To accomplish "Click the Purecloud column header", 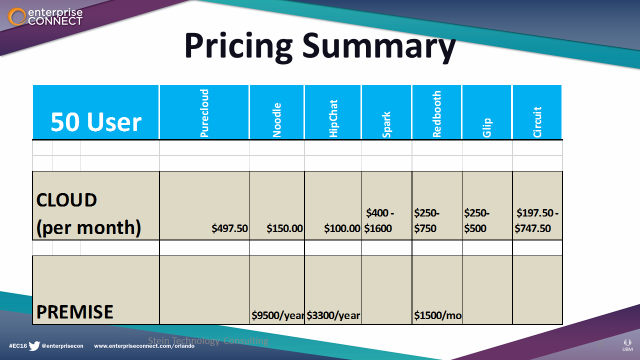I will [204, 113].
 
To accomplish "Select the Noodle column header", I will [277, 120].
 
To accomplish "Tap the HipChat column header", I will [333, 118].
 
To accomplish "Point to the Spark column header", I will [386, 124].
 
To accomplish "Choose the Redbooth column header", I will [437, 114].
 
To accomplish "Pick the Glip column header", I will [487, 127].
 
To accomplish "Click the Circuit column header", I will [537, 122].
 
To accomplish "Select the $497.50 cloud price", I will [229, 228].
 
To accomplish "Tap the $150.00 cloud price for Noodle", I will [284, 228].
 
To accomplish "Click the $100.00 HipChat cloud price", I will [342, 228].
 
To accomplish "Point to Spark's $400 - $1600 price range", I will [379, 221].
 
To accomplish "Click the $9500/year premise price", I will [277, 315].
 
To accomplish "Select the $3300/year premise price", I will [333, 315].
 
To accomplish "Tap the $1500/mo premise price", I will [437, 315].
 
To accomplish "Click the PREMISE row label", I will [75, 312].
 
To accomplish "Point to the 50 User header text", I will [96, 122].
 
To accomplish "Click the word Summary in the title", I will [379, 46].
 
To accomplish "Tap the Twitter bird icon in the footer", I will [34, 346].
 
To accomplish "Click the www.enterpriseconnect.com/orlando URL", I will [144, 346].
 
